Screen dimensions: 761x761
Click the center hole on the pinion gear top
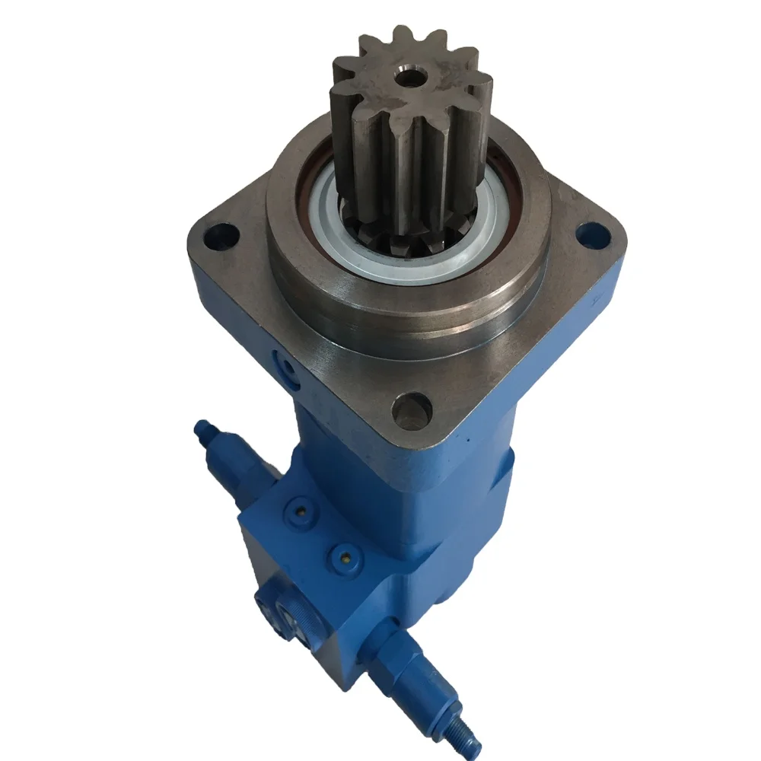pyautogui.click(x=409, y=77)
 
